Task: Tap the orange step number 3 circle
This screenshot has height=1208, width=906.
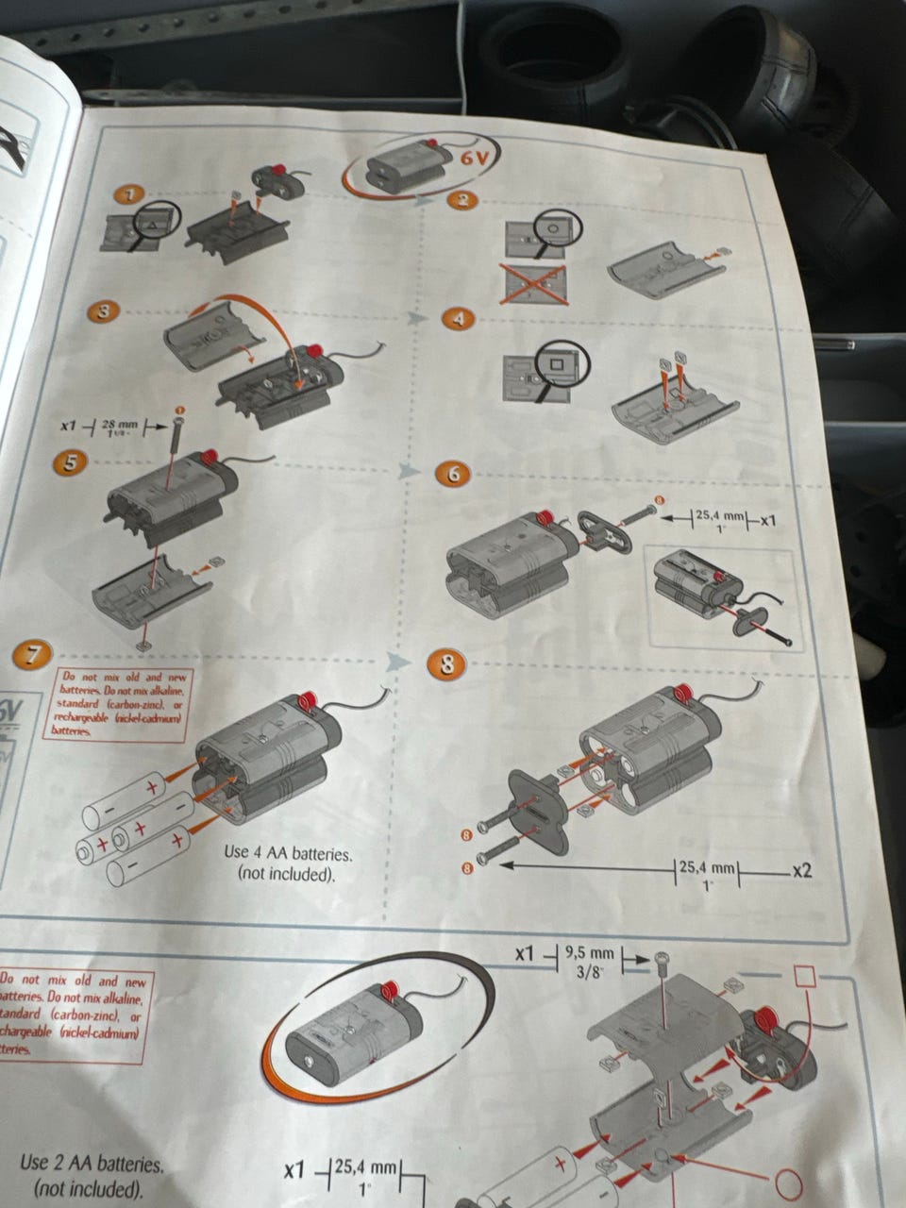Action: (104, 311)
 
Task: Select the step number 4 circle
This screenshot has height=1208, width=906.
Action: (458, 318)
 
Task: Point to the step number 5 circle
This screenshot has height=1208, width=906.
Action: (73, 461)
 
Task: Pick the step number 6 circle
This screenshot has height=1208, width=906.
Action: (453, 474)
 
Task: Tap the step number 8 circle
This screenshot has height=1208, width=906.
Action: (446, 664)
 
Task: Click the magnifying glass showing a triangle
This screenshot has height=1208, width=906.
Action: (151, 222)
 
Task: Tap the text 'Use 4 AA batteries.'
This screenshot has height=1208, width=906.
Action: (288, 854)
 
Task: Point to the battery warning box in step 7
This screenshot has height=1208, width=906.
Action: (120, 704)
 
